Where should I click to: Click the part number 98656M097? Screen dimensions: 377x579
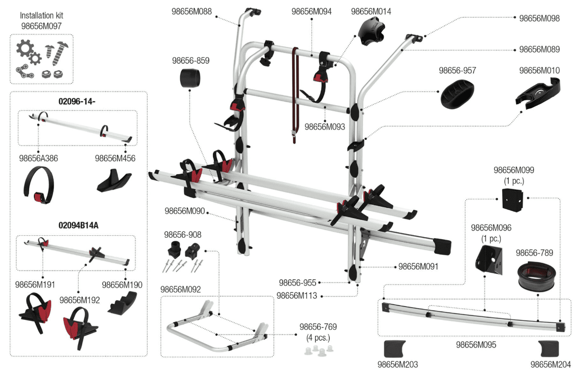point(41,26)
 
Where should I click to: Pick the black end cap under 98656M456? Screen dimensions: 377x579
point(113,181)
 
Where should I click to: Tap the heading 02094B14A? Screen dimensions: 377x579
point(78,224)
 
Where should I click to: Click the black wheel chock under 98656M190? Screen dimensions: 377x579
point(122,302)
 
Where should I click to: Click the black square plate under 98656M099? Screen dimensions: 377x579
point(509,199)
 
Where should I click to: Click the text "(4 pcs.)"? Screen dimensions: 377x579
point(318,338)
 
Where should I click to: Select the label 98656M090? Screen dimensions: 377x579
point(184,211)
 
